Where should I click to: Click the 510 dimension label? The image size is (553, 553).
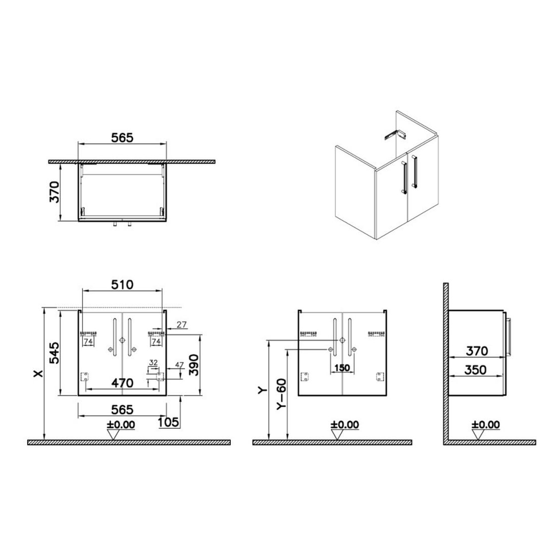coord(122,284)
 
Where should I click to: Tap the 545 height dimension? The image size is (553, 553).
coord(54,353)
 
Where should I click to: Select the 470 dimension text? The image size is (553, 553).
coord(123,383)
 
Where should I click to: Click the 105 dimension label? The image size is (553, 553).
coord(168,422)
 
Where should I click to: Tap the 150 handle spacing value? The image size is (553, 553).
coord(342,368)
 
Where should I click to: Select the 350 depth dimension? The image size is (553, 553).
coord(475,370)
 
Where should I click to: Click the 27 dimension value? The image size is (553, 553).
coord(181,324)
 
